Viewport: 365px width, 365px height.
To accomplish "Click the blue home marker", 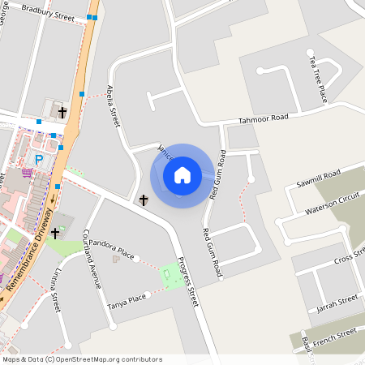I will click(x=182, y=174).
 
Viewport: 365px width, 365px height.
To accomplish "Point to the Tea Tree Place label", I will click(x=322, y=79).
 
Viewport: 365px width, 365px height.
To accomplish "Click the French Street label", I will click(x=335, y=333).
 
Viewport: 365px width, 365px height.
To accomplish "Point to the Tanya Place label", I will click(x=126, y=303).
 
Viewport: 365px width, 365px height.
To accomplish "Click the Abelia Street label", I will click(x=114, y=105).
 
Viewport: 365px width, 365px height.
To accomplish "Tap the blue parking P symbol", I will click(x=38, y=160).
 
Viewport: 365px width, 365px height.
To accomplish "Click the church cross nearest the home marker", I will click(x=144, y=200).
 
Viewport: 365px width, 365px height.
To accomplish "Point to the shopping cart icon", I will click(x=28, y=172).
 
